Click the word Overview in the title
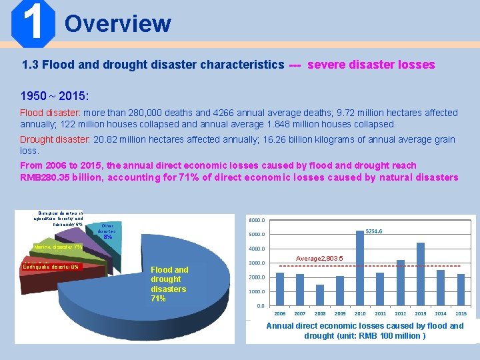click(118, 23)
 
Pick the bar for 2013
click(421, 273)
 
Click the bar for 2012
click(401, 282)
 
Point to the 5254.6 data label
click(374, 231)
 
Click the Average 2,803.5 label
click(320, 258)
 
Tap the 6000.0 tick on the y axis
click(257, 220)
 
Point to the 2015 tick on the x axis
click(461, 313)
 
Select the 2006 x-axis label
click(280, 313)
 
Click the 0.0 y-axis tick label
click(260, 306)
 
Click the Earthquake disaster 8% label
click(51, 267)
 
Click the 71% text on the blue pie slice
click(159, 299)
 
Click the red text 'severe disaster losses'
click(371, 65)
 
